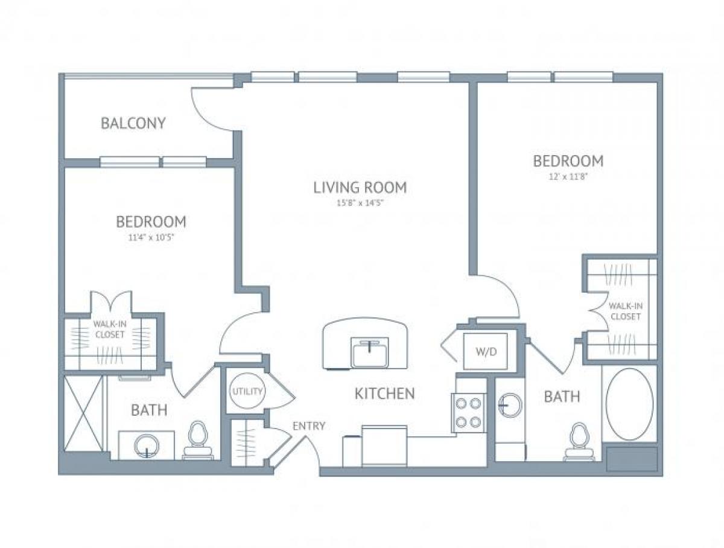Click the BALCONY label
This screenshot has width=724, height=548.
133,123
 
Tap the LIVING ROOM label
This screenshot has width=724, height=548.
360,187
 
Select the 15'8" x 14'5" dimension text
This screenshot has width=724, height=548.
360,203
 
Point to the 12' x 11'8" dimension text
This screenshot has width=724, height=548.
568,177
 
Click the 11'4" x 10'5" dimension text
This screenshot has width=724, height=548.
151,237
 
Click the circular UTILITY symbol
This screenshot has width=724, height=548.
247,391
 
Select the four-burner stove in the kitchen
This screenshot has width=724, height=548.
469,413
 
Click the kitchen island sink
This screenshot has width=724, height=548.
370,352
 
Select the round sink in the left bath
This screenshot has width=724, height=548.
147,446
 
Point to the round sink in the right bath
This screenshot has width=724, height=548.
510,406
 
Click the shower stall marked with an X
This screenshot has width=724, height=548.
84,413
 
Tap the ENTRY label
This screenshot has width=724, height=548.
309,426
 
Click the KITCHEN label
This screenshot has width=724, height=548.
384,394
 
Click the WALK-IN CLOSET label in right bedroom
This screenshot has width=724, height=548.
625,311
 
